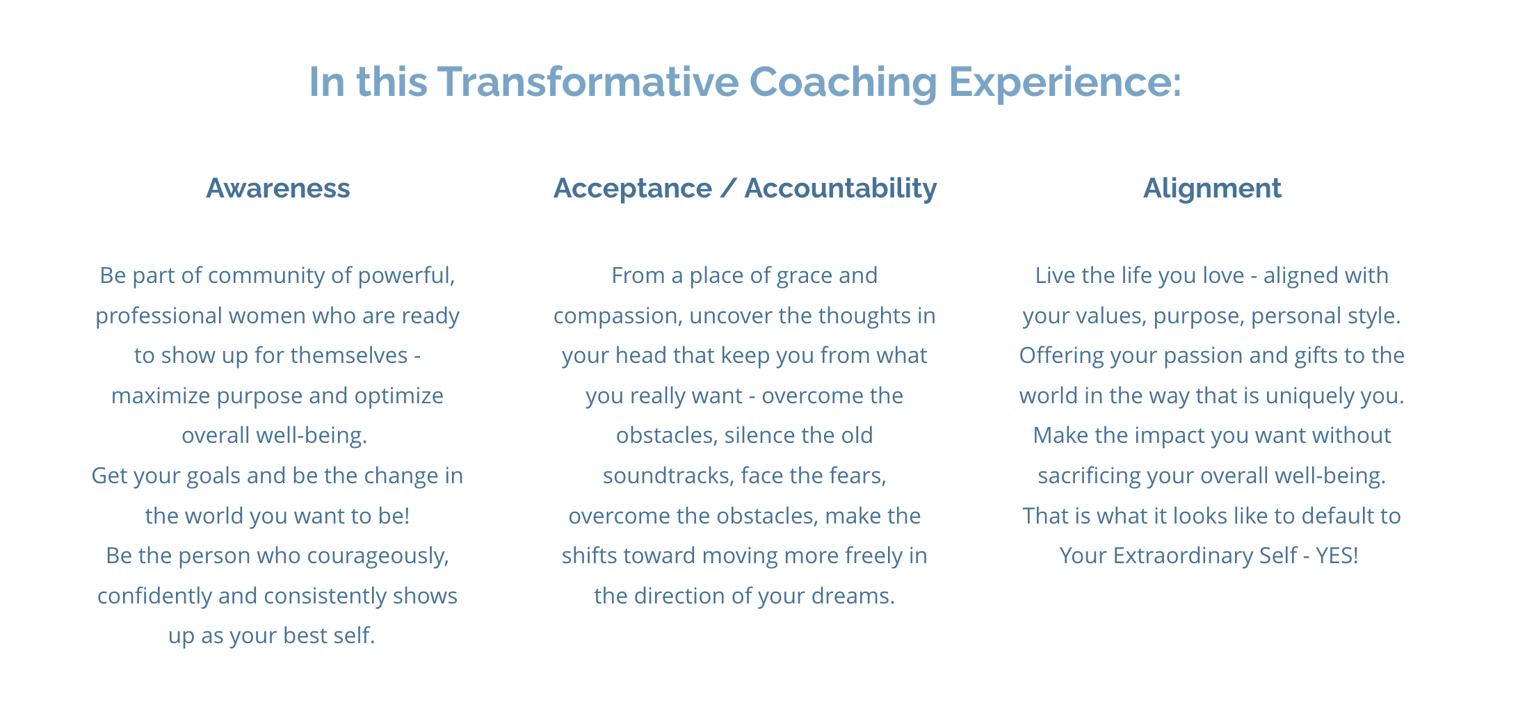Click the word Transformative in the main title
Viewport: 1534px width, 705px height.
click(588, 81)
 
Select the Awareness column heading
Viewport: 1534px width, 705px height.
click(278, 188)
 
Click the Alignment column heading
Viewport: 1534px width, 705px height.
click(1212, 189)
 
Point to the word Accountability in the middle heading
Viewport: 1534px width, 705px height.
click(841, 189)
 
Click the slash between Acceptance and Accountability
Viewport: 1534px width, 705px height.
click(728, 188)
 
